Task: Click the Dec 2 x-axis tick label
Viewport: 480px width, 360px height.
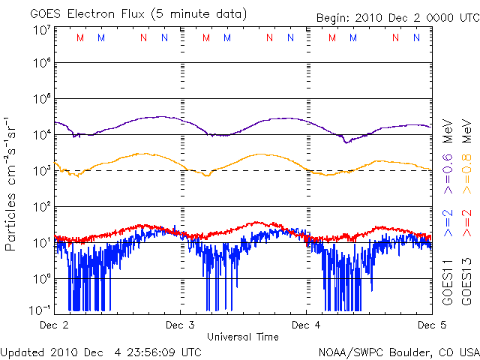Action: pos(54,325)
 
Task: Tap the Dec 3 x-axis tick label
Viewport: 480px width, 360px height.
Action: pos(180,325)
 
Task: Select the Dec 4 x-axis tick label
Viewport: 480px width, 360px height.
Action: pos(306,325)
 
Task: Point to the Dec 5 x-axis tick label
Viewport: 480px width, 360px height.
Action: pos(431,325)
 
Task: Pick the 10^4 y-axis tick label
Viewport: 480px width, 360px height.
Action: pos(40,135)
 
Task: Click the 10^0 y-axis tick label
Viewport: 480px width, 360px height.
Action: pos(40,279)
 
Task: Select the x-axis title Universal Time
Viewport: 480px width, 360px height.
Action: pos(243,337)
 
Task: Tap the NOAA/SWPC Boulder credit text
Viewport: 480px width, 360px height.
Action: pos(398,352)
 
